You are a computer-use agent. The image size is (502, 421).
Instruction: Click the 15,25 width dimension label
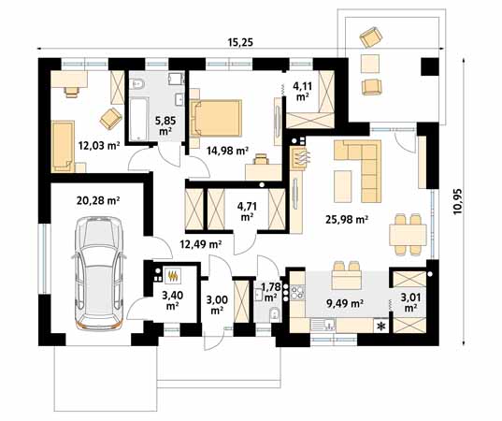[240, 42]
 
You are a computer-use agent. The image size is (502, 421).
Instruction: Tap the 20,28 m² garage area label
[98, 201]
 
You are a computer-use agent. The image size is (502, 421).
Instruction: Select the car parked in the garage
[99, 273]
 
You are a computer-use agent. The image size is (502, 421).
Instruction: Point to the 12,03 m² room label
[99, 146]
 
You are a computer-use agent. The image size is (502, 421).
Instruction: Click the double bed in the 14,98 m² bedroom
[216, 118]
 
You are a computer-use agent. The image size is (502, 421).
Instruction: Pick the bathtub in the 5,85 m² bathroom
[138, 119]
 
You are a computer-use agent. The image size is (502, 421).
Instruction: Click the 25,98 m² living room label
[347, 220]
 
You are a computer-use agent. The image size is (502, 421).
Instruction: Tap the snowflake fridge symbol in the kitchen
[381, 327]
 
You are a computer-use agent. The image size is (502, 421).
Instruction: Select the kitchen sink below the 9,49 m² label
[323, 326]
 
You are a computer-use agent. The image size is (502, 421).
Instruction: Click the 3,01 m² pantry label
[409, 303]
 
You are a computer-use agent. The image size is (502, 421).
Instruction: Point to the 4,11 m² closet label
[302, 91]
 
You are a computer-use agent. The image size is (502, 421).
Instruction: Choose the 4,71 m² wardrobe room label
[247, 211]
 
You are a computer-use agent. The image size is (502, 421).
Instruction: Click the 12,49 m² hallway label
[201, 244]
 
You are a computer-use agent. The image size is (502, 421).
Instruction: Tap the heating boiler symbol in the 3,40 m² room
[173, 276]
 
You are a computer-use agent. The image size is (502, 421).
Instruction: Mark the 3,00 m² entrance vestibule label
[217, 305]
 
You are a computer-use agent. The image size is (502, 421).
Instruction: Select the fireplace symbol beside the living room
[300, 157]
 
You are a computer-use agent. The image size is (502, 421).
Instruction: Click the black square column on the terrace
[430, 66]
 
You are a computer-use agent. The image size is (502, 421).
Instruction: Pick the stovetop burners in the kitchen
[298, 291]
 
